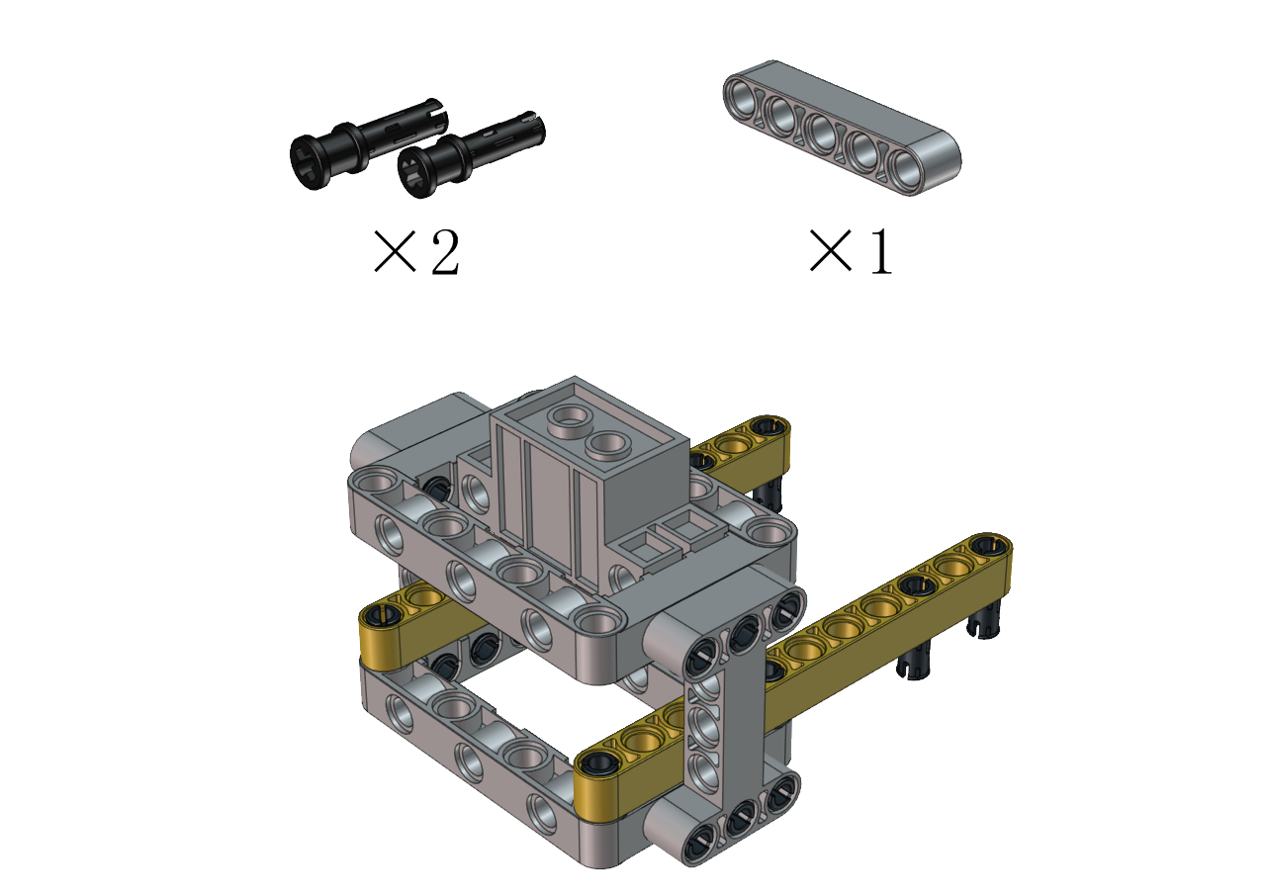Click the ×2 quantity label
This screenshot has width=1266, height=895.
pyautogui.click(x=416, y=252)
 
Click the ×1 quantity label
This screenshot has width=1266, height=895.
pyautogui.click(x=851, y=252)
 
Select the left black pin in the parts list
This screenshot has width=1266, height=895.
pyautogui.click(x=366, y=143)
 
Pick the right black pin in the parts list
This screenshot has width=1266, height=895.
pyautogui.click(x=471, y=154)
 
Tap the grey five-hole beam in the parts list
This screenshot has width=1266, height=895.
pyautogui.click(x=842, y=128)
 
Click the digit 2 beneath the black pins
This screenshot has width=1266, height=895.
pyautogui.click(x=445, y=252)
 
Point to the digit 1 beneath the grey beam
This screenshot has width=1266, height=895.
pyautogui.click(x=881, y=252)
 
